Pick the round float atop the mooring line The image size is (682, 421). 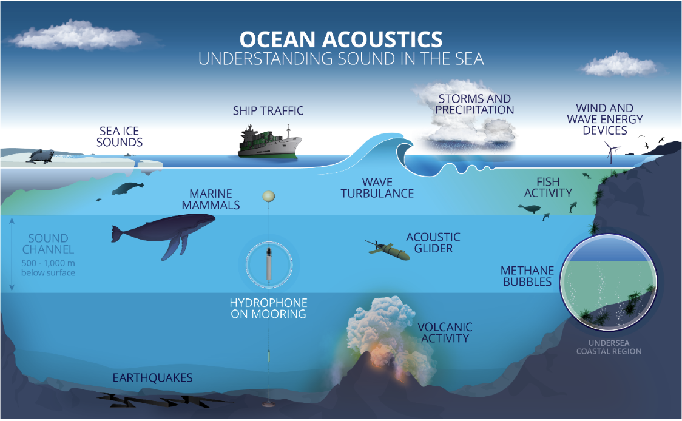tap(268, 196)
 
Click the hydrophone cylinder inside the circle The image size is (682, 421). tap(268, 263)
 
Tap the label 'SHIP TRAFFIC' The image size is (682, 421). tap(268, 111)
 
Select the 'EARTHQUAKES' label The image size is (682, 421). tap(152, 378)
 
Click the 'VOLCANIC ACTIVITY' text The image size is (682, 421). tap(445, 332)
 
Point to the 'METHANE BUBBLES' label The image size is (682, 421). tap(527, 275)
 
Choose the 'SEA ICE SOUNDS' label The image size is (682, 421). tap(121, 136)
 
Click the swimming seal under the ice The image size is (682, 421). tap(127, 189)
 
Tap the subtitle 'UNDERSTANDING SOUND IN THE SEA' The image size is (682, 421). tap(340, 59)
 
